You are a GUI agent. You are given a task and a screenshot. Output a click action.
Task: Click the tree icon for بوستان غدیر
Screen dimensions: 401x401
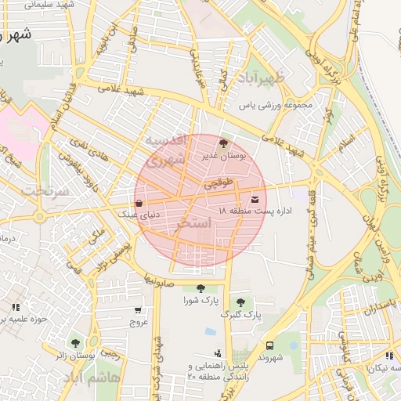[224, 143]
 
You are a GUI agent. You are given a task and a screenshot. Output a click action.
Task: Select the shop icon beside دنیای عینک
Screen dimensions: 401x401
[139, 203]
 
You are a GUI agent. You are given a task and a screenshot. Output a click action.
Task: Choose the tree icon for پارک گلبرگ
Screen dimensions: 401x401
[240, 302]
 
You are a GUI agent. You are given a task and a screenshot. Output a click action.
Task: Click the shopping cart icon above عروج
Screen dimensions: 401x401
[139, 309]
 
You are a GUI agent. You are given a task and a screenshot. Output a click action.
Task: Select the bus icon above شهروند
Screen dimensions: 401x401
[269, 345]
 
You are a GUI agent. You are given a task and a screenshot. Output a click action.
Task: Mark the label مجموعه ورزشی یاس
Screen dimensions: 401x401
[276, 104]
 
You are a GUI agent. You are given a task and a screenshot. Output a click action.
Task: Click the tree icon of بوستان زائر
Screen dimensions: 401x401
[75, 343]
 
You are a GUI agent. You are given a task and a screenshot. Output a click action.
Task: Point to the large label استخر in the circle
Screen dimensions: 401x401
[196, 223]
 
